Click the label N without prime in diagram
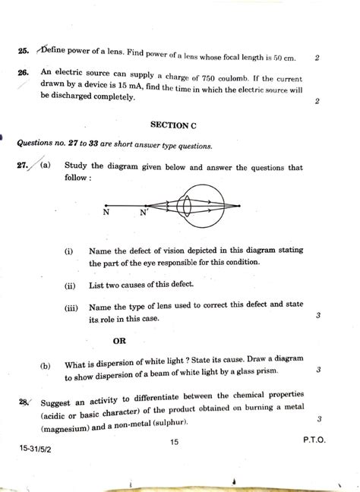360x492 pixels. click(x=107, y=213)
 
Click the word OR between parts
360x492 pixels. click(x=119, y=340)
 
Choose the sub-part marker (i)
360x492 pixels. click(x=69, y=251)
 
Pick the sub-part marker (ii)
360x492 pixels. click(x=70, y=285)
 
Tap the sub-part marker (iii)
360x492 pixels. click(x=71, y=307)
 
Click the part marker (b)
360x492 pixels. click(x=46, y=365)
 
